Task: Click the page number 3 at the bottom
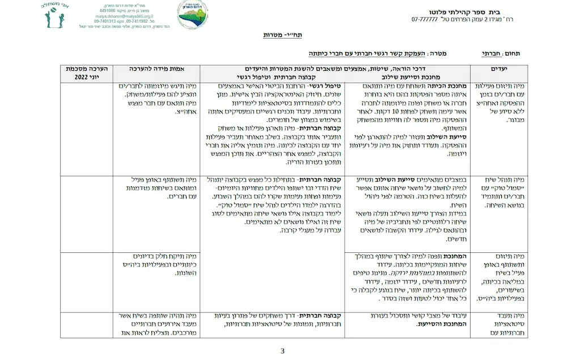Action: (282, 350)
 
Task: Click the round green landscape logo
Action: (192, 15)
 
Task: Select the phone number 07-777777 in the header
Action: (424, 20)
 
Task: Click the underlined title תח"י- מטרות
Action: (282, 35)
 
